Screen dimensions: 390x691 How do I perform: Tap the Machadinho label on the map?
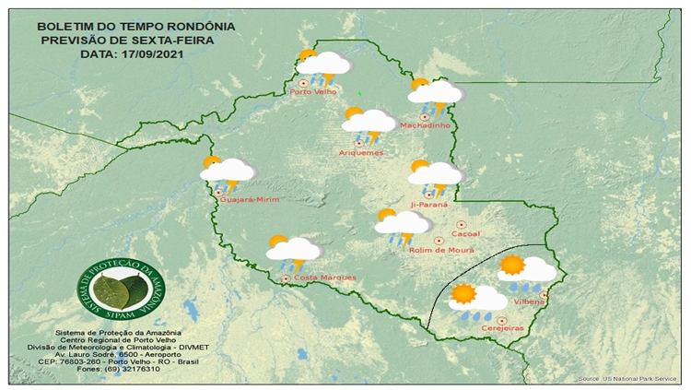pos(427,125)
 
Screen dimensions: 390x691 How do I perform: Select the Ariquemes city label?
pos(361,152)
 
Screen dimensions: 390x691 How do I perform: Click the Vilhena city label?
pos(529,301)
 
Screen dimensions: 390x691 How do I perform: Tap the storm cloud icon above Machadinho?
pos(435,92)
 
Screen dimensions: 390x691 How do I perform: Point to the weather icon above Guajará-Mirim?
pos(227,171)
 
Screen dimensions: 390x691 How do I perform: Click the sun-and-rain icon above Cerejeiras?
pos(476,300)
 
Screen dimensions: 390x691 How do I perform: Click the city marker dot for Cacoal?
pos(460,223)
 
